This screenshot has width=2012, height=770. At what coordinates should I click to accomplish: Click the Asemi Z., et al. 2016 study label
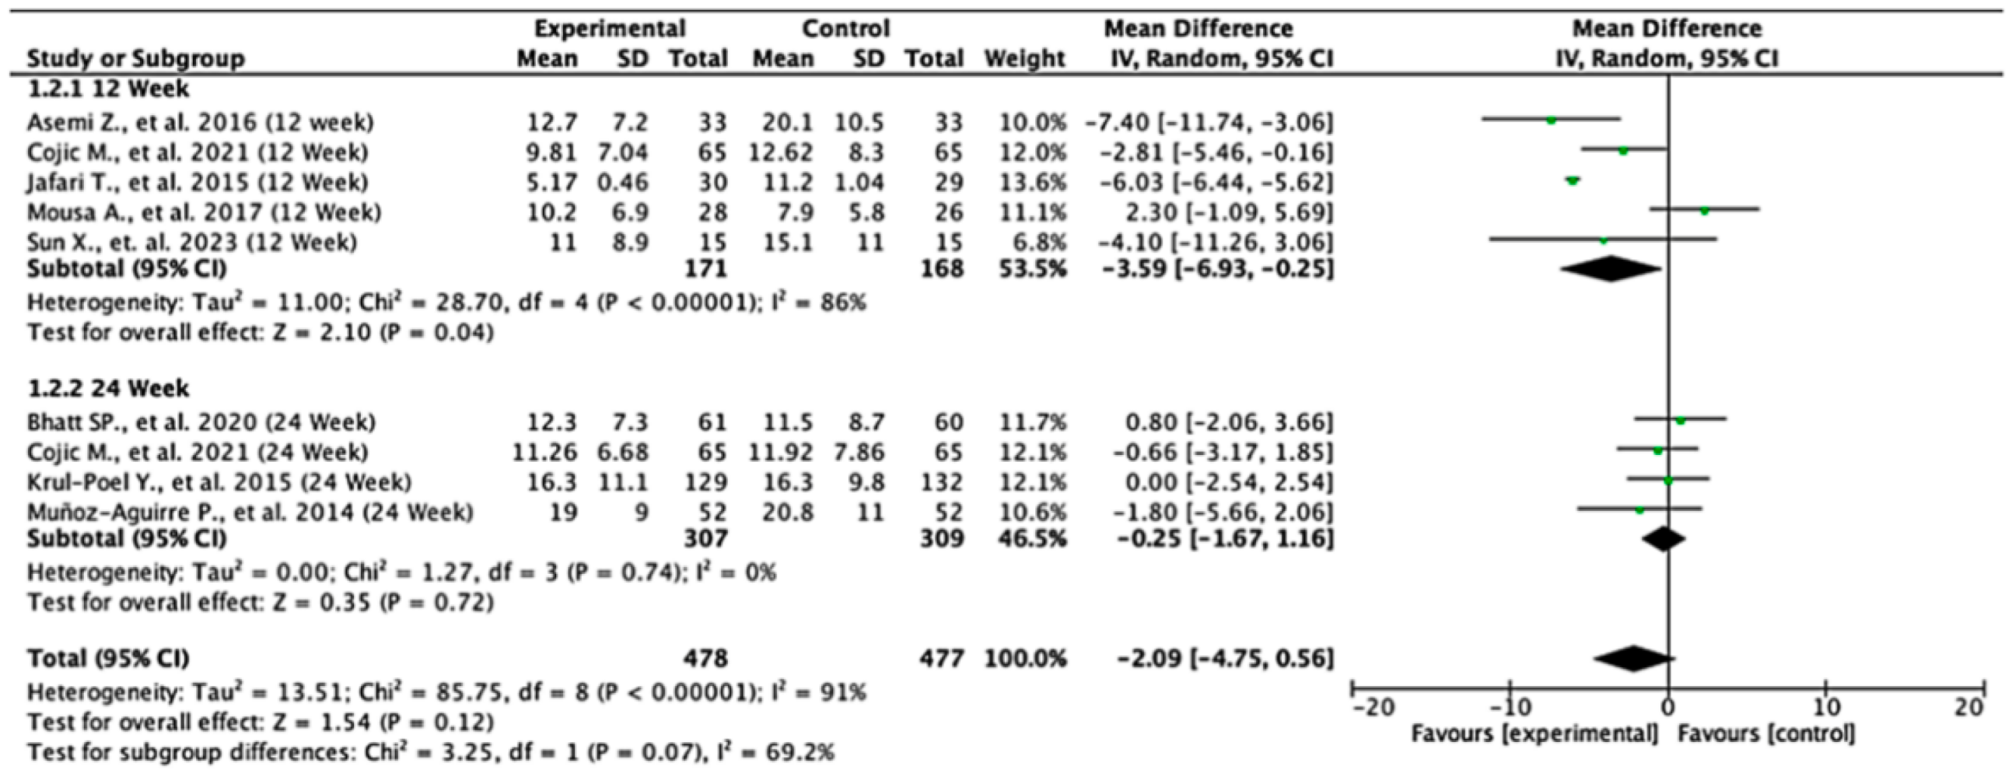[200, 123]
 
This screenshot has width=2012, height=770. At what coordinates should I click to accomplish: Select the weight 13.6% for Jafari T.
[1033, 183]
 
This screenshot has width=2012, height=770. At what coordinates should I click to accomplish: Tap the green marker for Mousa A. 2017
[1704, 211]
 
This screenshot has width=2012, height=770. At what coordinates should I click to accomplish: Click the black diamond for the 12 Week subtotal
[1611, 268]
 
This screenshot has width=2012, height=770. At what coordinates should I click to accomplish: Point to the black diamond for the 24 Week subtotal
[1664, 539]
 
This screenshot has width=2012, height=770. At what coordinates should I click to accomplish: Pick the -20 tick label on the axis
[1373, 708]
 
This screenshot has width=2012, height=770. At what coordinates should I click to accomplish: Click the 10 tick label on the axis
[1825, 708]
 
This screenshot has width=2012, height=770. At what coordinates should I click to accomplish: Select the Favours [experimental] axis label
[1534, 734]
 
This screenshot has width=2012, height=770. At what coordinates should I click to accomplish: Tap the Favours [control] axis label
[1767, 734]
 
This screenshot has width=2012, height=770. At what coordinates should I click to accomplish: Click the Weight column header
[1025, 58]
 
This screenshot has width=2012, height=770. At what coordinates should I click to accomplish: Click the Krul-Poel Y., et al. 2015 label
[219, 482]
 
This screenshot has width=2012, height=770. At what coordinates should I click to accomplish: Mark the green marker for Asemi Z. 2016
[1551, 121]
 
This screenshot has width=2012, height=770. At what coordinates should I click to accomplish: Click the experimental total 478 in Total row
[705, 658]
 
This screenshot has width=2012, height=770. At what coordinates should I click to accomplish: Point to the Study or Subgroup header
[135, 58]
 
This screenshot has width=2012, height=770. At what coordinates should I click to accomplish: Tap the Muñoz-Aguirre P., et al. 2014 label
[250, 513]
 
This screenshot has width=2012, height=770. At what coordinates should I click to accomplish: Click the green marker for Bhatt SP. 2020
[1680, 421]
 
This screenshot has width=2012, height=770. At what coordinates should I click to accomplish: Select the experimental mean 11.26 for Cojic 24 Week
[544, 452]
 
